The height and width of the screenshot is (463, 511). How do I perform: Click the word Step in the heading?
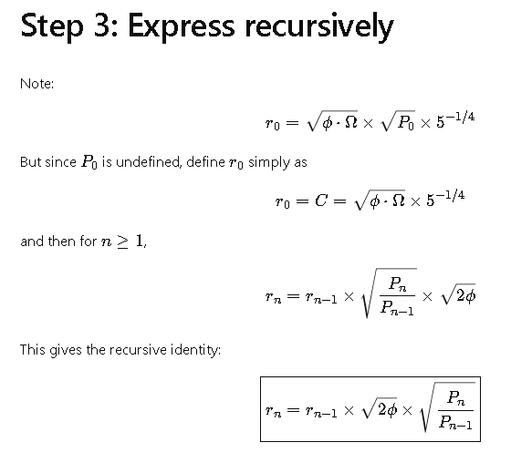52,26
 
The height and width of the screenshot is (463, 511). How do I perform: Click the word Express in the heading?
182,26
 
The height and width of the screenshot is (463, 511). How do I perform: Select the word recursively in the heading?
319,26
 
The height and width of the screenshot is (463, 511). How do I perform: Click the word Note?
36,84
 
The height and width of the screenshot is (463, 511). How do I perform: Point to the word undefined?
148,162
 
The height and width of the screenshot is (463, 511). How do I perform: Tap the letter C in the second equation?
320,201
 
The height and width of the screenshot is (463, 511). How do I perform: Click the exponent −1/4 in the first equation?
455,117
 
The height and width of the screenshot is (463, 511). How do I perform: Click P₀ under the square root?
406,122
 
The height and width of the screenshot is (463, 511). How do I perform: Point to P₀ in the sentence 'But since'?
89,162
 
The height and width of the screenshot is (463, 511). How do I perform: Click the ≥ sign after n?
122,242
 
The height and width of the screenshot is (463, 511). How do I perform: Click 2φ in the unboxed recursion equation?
465,296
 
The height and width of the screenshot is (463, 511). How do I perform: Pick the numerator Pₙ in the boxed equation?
456,398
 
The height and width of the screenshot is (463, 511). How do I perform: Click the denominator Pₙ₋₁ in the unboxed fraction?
397,308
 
